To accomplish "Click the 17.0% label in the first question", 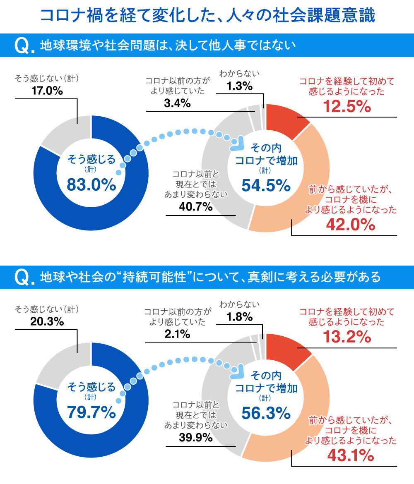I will (47, 91).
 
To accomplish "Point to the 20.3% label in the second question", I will (47, 321).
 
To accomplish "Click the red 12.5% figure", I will (347, 107).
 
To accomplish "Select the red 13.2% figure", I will (347, 338).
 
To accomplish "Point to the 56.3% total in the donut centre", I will (266, 412).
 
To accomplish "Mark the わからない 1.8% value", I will (240, 317).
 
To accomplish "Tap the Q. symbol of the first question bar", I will (24, 46).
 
